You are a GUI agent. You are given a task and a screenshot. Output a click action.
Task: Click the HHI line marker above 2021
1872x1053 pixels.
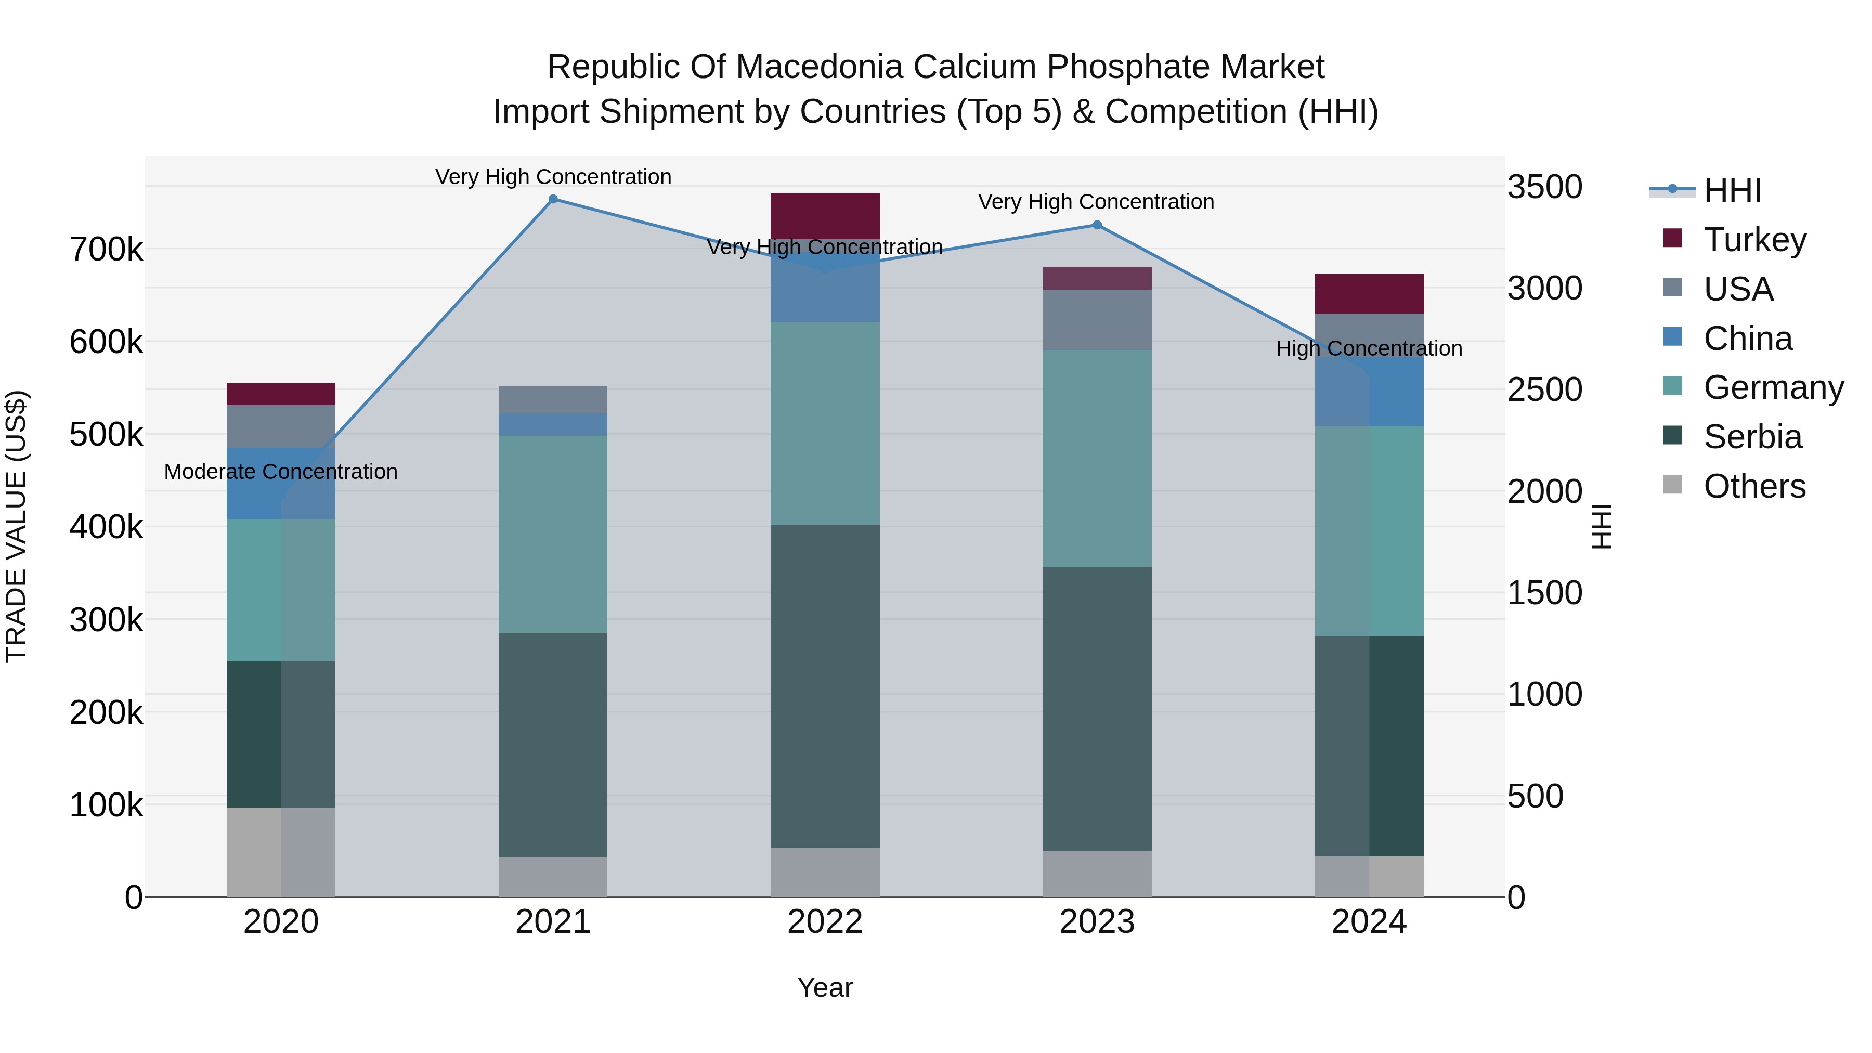pyautogui.click(x=553, y=199)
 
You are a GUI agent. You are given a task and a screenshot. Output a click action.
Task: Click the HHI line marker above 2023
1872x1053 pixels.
pyautogui.click(x=1097, y=225)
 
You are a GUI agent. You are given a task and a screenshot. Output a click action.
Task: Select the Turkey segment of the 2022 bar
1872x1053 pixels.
pyautogui.click(x=825, y=215)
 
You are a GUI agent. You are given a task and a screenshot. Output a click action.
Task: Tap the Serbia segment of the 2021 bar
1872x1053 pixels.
pyautogui.click(x=553, y=744)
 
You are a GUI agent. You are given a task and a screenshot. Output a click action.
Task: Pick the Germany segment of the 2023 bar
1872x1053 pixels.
pyautogui.click(x=1097, y=459)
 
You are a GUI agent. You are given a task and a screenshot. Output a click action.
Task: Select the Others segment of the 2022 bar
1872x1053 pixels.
pyautogui.click(x=825, y=872)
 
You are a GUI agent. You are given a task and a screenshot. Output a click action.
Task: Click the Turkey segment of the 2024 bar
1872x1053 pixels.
pyautogui.click(x=1369, y=294)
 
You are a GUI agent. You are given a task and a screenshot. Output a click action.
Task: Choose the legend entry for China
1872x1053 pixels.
pyautogui.click(x=1748, y=339)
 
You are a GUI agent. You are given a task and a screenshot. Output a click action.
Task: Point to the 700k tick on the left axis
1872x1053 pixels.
pyautogui.click(x=106, y=249)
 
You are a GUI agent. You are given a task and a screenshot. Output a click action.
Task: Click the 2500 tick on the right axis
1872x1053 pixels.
pyautogui.click(x=1544, y=389)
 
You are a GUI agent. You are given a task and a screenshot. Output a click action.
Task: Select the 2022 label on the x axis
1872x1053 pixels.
pyautogui.click(x=825, y=922)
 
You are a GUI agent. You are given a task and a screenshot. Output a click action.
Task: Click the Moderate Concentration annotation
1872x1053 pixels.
pyautogui.click(x=280, y=472)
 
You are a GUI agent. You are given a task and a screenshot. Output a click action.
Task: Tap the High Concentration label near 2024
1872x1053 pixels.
pyautogui.click(x=1369, y=349)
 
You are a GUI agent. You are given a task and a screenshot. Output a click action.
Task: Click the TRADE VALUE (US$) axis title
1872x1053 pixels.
pyautogui.click(x=16, y=526)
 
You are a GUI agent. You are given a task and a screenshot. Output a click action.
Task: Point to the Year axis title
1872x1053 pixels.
pyautogui.click(x=825, y=987)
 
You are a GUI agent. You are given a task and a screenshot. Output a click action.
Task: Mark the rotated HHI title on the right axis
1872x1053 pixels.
pyautogui.click(x=1602, y=526)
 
